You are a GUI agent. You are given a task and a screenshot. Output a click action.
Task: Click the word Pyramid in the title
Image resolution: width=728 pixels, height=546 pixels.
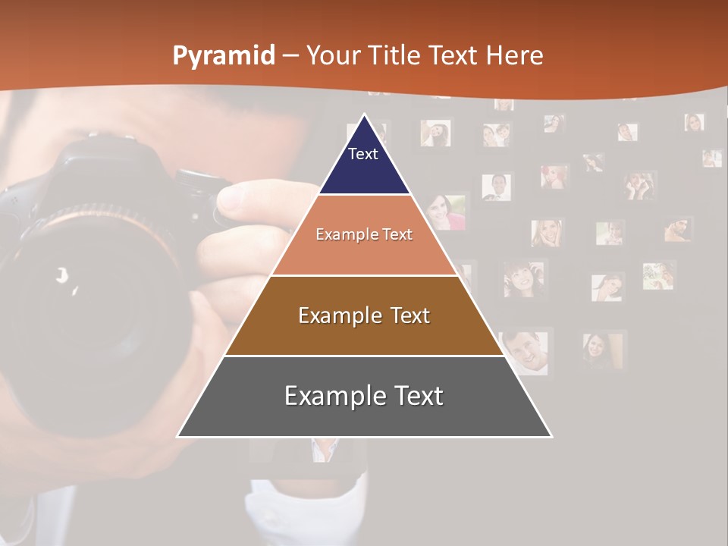click(224, 56)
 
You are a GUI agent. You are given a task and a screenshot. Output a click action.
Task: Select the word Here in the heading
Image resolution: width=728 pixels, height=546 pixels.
click(514, 55)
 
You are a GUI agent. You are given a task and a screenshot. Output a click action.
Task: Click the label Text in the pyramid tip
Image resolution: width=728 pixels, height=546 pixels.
click(362, 154)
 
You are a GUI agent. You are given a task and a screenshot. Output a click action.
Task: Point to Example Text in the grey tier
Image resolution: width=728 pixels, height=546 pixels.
click(364, 396)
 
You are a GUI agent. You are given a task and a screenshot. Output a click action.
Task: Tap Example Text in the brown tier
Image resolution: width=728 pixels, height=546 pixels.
click(364, 315)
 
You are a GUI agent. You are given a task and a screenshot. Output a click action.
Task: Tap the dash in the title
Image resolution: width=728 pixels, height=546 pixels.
click(290, 56)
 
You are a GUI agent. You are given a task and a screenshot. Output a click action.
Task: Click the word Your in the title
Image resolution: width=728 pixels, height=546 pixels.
click(331, 55)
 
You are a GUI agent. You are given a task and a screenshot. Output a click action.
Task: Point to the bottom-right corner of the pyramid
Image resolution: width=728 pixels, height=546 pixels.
click(551, 436)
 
